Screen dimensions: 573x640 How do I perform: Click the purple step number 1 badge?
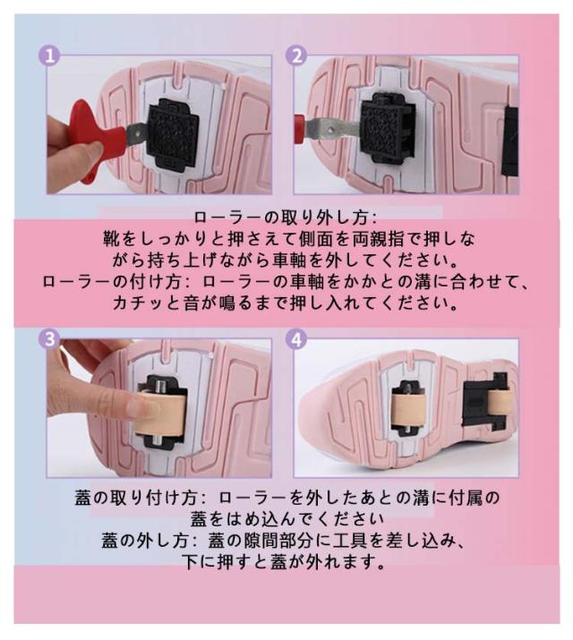click(49, 55)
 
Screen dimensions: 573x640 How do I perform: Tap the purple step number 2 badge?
click(296, 55)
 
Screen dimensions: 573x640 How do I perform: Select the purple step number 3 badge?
click(49, 338)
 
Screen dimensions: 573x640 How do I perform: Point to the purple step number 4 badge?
click(296, 338)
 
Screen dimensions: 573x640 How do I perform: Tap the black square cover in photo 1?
click(173, 133)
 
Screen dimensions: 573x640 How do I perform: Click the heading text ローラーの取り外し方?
click(281, 218)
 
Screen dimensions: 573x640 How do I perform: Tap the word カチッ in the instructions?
click(140, 303)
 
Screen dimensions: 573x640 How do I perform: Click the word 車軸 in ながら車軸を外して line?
click(289, 260)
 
